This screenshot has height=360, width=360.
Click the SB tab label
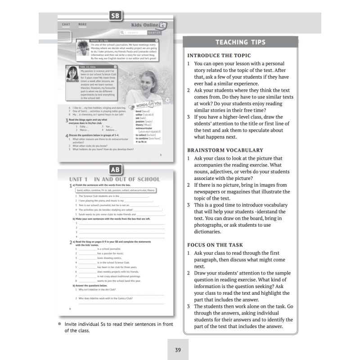click(116, 17)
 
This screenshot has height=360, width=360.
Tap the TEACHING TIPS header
click(240, 42)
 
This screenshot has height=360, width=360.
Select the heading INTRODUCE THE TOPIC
click(219, 56)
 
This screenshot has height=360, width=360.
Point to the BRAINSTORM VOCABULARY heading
click(225, 150)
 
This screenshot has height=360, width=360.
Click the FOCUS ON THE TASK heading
click(215, 245)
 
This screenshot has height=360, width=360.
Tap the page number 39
click(178, 349)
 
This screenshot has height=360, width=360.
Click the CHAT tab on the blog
click(66, 24)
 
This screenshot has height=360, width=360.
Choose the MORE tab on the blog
click(82, 24)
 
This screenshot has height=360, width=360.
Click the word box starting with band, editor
click(116, 190)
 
